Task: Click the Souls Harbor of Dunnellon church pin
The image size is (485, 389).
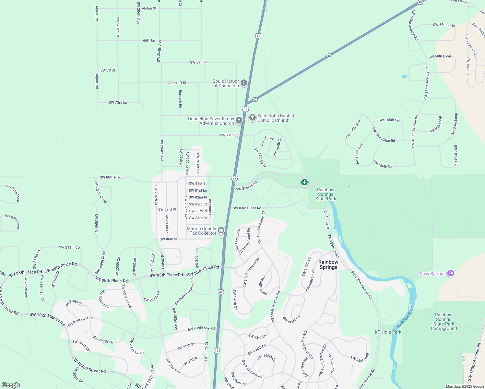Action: pos(244,83)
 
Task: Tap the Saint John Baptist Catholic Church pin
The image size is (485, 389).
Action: pos(253,118)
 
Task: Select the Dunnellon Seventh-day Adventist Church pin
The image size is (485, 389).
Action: pos(239,121)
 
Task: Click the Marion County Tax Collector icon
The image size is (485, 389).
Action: pos(221,230)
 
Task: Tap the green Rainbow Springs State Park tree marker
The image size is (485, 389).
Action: pos(304,183)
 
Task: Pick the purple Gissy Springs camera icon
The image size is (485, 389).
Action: pos(450,273)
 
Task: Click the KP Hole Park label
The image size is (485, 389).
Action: pos(388,332)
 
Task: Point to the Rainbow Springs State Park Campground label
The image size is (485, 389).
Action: pos(444,322)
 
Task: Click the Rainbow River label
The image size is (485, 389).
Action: pos(405,316)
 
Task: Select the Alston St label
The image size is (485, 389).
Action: pos(149,8)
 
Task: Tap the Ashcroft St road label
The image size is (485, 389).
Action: pos(177,83)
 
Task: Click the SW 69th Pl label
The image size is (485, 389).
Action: pos(199,62)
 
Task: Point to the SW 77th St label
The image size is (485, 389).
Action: pos(229,135)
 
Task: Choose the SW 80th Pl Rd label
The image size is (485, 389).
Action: pos(111,177)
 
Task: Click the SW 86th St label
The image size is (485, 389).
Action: pos(169,239)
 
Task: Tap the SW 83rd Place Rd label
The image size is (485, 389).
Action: pos(247,208)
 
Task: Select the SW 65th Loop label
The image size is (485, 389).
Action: pos(444,25)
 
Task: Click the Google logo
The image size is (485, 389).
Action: pos(11,385)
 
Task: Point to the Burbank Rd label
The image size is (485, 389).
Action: pos(180,99)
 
